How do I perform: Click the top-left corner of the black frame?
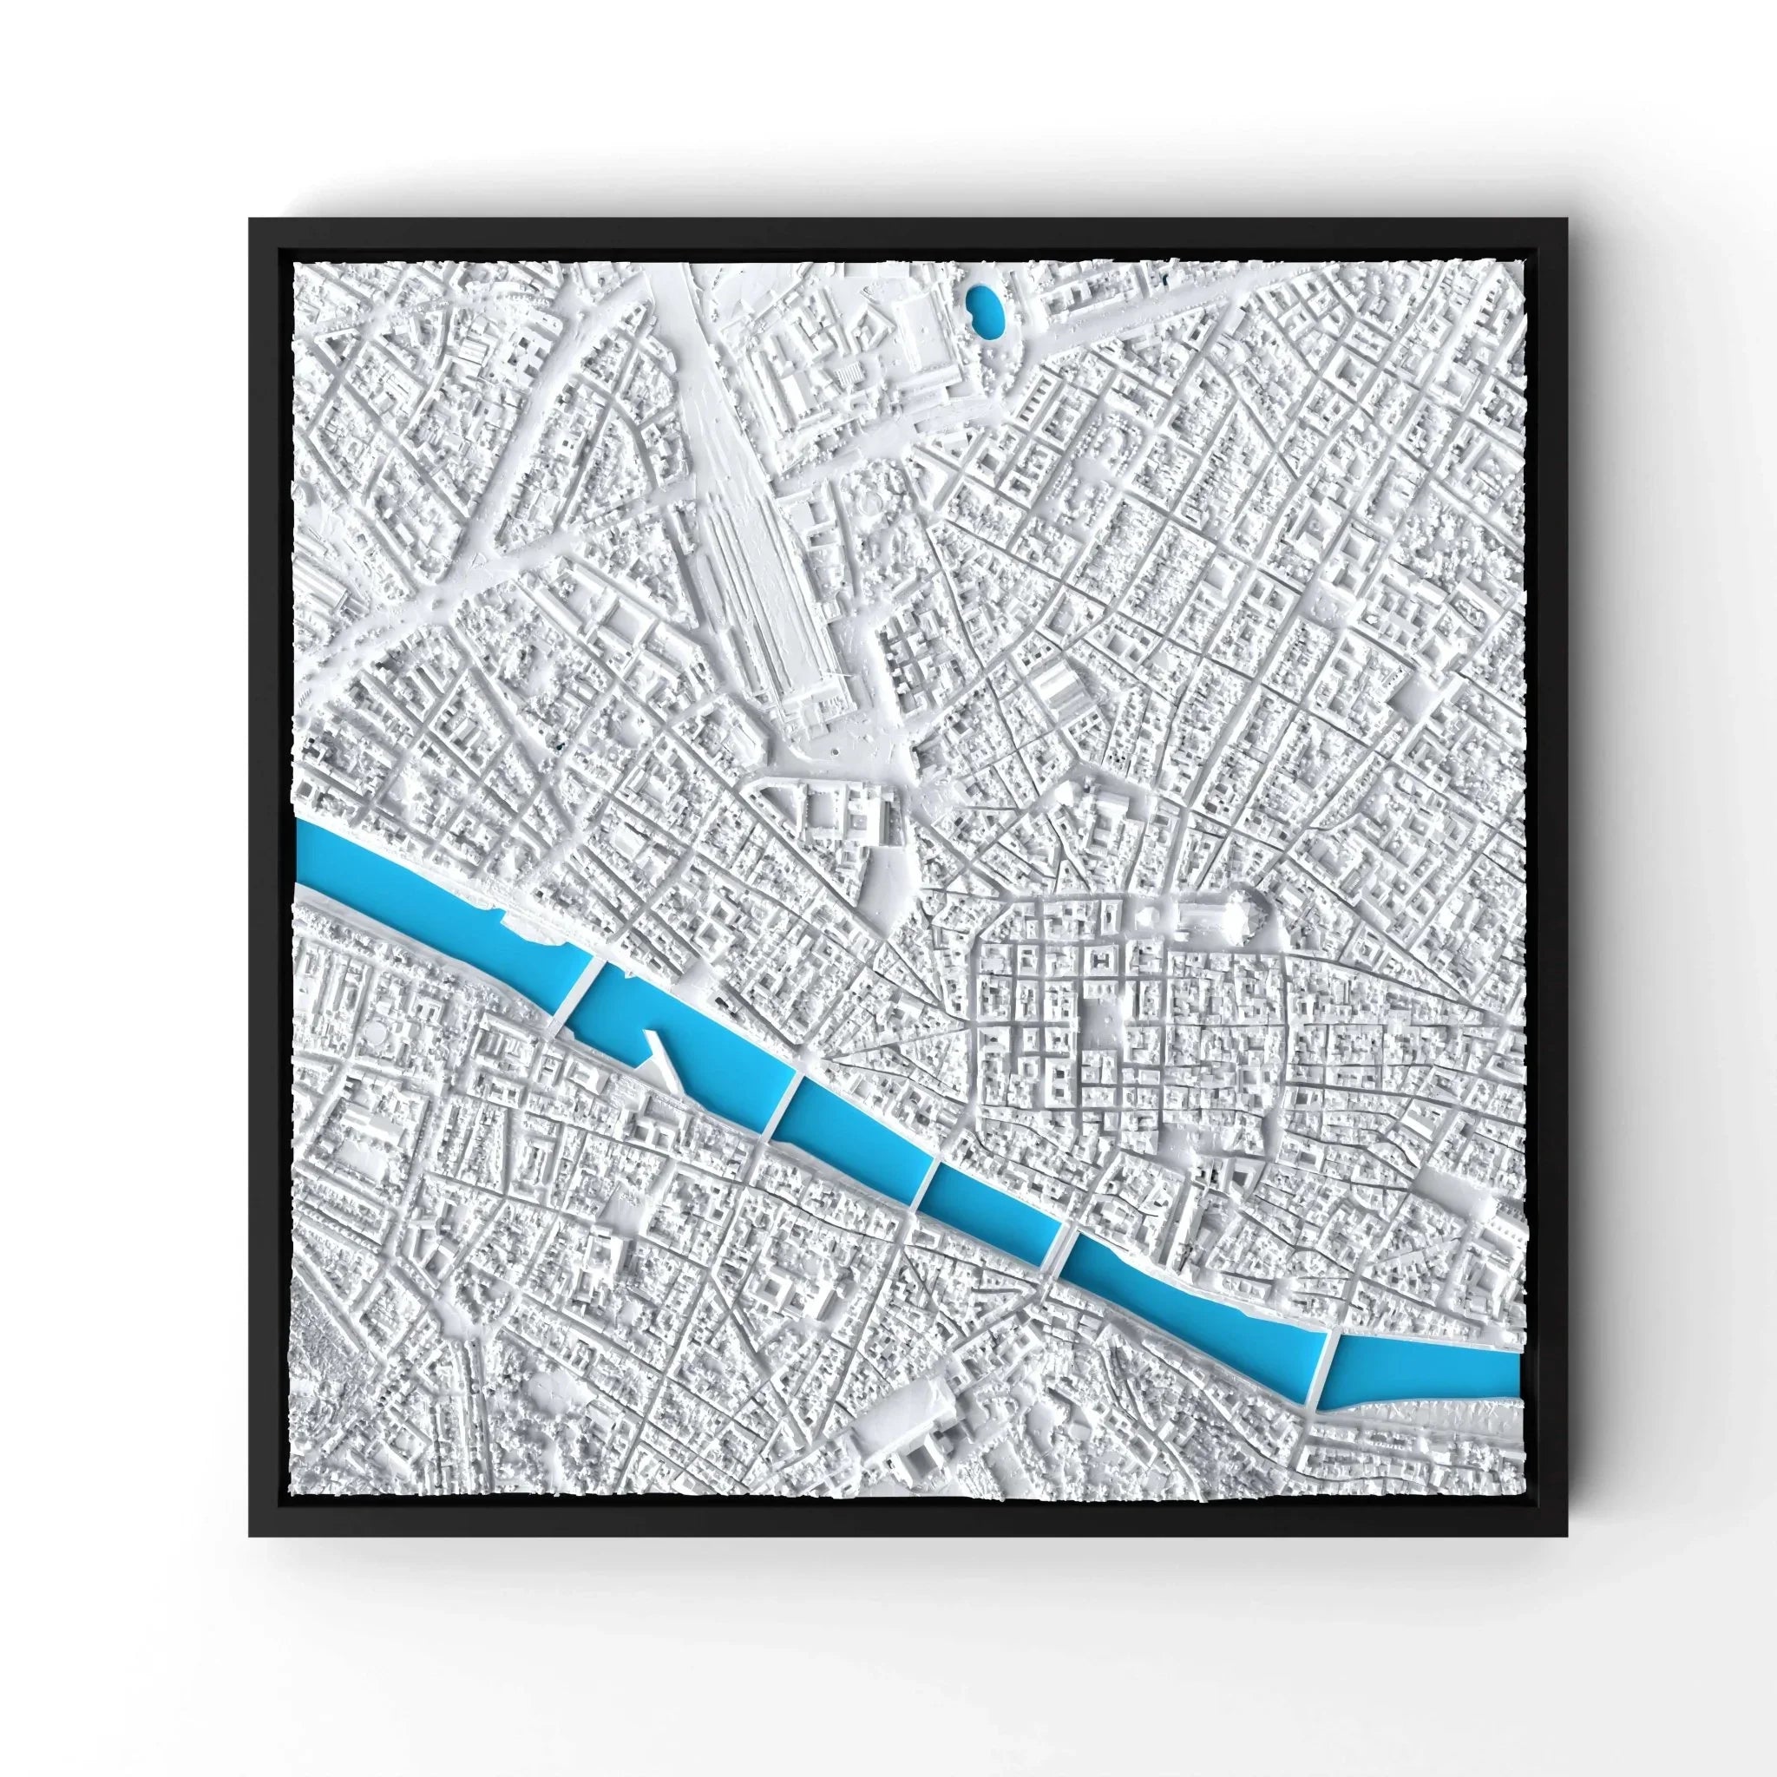click(x=250, y=219)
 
